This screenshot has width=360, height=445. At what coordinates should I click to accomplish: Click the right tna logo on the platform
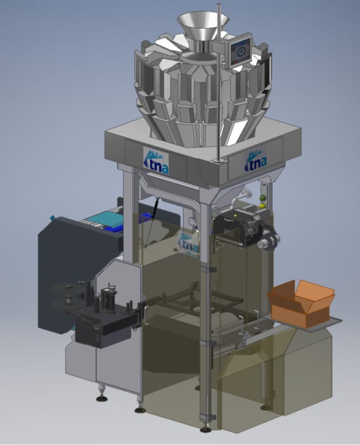pos(255,161)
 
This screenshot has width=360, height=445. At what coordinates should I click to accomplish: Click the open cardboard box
pos(301,302)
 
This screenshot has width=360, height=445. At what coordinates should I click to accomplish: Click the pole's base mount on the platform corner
pos(218,162)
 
